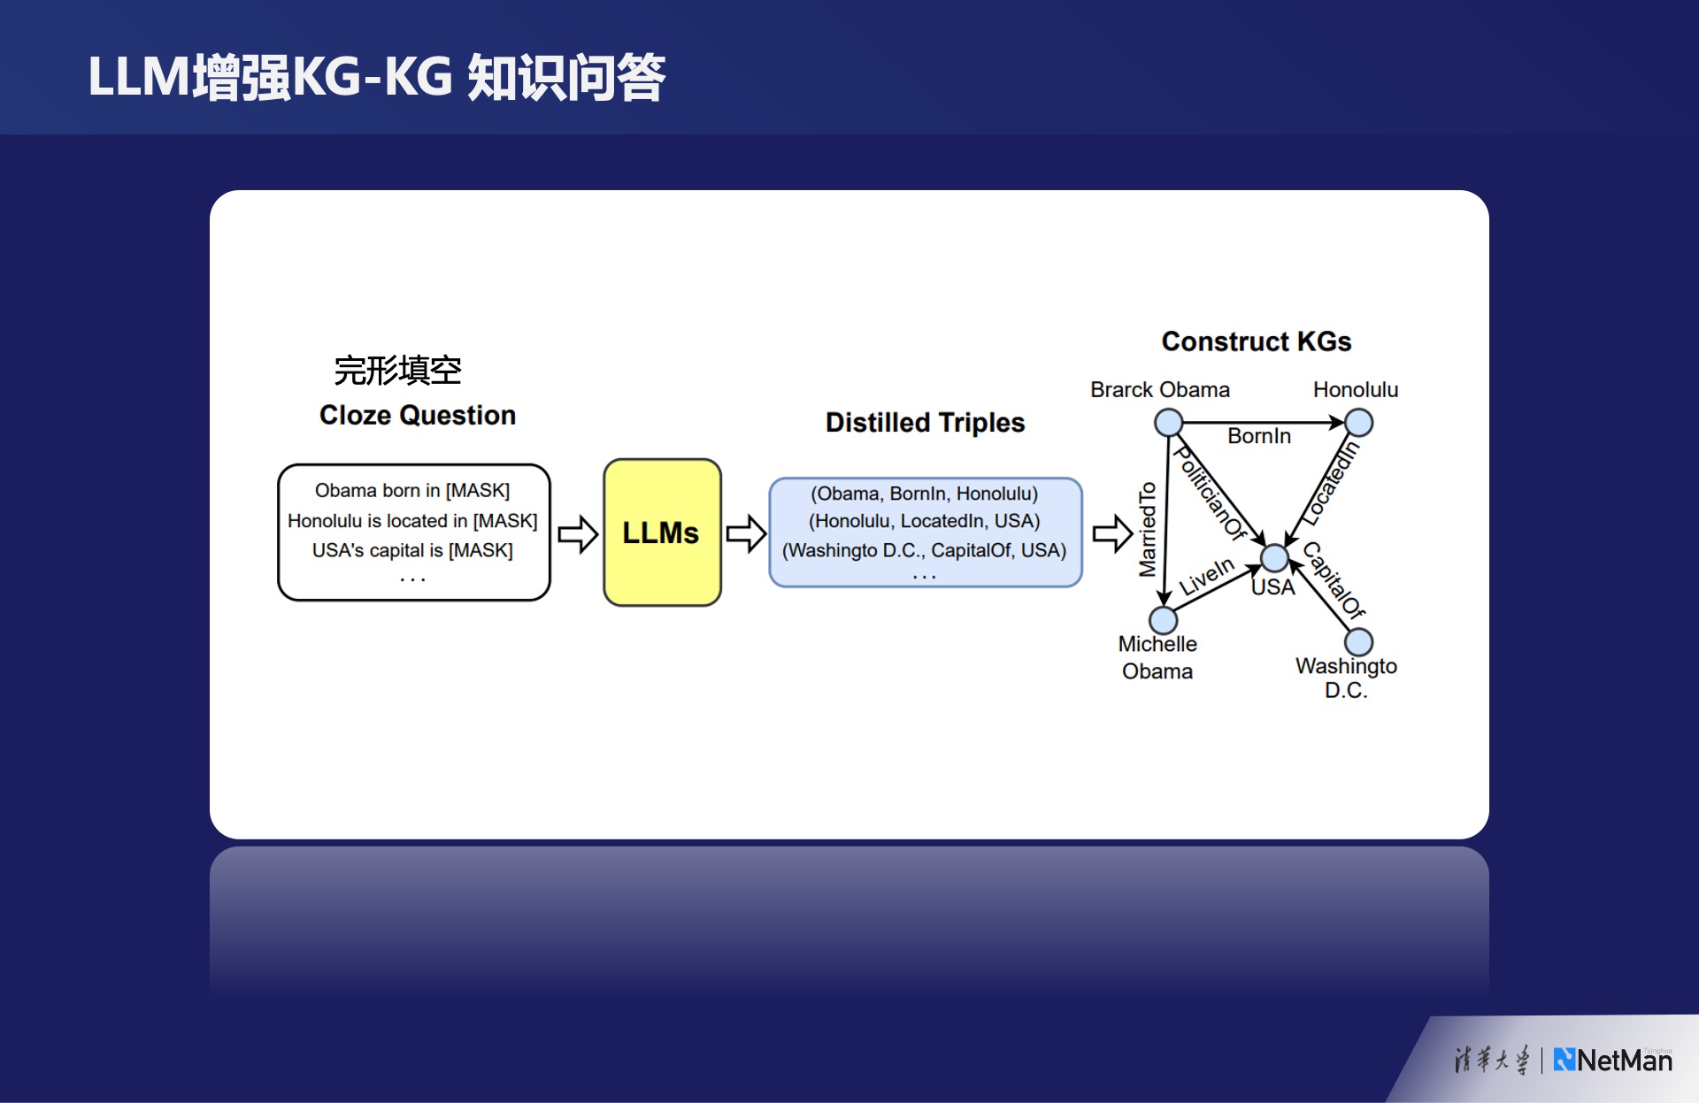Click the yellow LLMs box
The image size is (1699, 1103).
coord(662,532)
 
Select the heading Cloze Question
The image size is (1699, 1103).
coord(417,415)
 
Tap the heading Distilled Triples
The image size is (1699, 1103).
coord(925,423)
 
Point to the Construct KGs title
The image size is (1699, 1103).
coord(1256,341)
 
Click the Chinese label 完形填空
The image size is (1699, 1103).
coord(397,371)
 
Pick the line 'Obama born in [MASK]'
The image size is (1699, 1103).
coord(412,490)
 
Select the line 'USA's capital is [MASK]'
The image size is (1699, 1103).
coord(412,550)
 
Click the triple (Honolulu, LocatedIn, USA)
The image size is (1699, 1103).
coord(924,521)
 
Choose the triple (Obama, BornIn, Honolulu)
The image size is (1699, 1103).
coord(924,494)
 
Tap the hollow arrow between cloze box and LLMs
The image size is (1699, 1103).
coord(578,533)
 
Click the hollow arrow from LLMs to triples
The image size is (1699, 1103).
coord(746,533)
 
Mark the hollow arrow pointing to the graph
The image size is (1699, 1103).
coord(1112,533)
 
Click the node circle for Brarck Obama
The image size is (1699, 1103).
coord(1168,423)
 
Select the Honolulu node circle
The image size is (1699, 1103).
coord(1358,423)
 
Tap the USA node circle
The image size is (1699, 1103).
coord(1274,558)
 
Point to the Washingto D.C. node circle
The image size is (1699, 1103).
coord(1358,642)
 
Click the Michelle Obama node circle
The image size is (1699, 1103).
coord(1163,620)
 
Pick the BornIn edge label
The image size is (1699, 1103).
coord(1258,436)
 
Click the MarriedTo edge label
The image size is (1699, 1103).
coord(1148,529)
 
